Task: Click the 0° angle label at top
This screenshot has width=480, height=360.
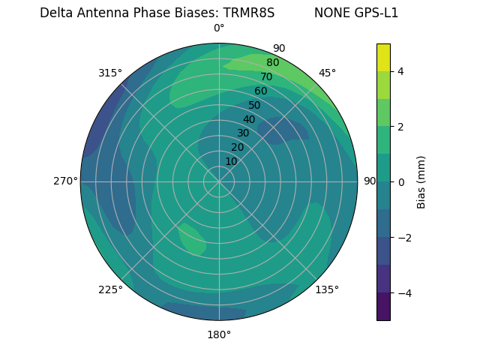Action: (x=219, y=28)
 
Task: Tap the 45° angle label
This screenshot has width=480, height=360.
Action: (x=327, y=73)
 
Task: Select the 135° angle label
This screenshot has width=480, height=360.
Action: (x=327, y=289)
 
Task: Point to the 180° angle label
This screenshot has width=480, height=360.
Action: (x=219, y=334)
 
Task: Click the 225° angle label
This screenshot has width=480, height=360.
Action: (x=110, y=290)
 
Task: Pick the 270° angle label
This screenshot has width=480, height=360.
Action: (x=66, y=181)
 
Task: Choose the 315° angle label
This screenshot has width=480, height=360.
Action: (x=110, y=73)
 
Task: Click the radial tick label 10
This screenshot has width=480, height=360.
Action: (x=232, y=161)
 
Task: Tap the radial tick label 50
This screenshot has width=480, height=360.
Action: (x=255, y=105)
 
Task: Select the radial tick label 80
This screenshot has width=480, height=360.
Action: (x=273, y=62)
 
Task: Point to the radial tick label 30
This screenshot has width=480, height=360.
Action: (x=243, y=133)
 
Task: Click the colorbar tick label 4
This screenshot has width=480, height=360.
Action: (x=401, y=71)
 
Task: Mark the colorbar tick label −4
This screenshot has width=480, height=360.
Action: (x=401, y=292)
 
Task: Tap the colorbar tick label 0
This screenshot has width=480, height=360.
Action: (x=401, y=182)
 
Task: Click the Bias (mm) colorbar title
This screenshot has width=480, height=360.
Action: (x=421, y=182)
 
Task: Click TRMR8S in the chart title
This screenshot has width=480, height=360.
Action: (x=249, y=13)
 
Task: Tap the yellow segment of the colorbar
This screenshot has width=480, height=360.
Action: (x=383, y=57)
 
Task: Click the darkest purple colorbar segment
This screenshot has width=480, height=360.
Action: (x=383, y=306)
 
